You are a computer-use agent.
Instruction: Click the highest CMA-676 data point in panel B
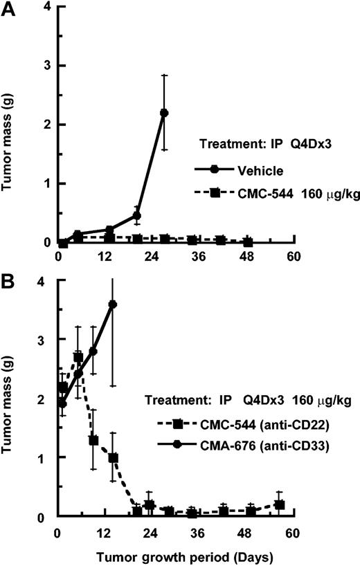click(113, 304)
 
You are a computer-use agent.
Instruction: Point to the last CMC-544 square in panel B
click(279, 505)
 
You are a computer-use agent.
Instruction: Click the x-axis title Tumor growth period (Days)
click(177, 555)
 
